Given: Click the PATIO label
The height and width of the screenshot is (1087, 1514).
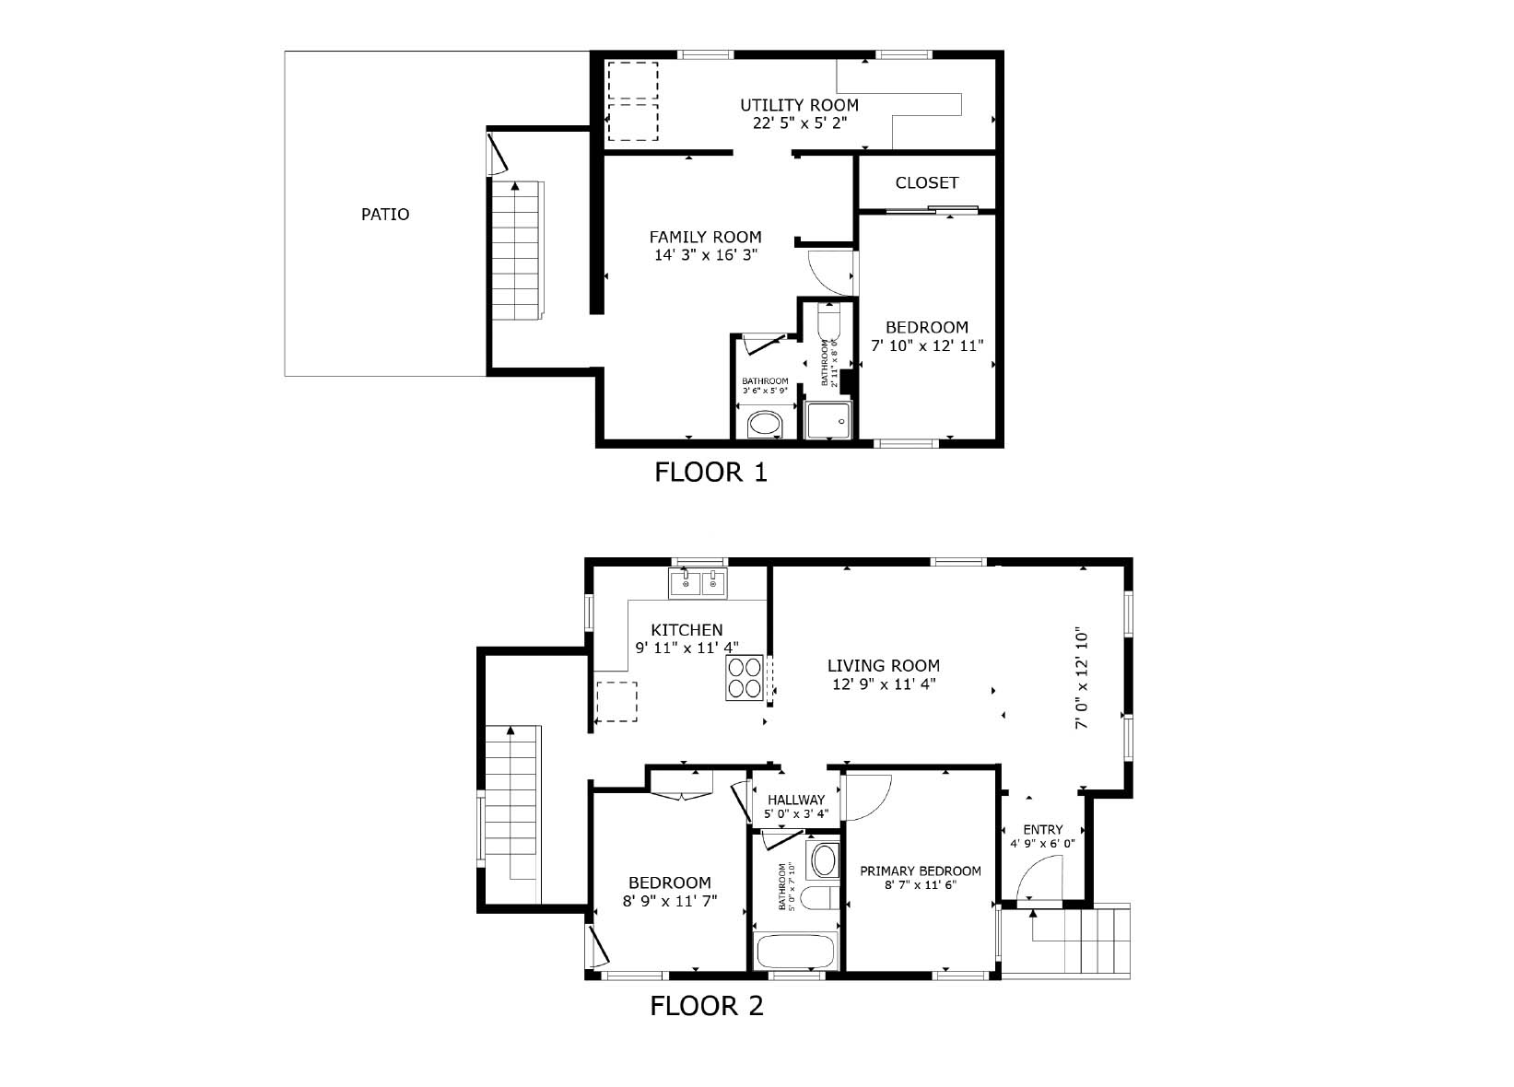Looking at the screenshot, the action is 384,214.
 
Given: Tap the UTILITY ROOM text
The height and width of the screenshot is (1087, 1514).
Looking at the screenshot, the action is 799,105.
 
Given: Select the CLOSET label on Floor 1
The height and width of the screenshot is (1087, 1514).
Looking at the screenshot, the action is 927,182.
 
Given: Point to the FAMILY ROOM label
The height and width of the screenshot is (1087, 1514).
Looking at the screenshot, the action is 705,237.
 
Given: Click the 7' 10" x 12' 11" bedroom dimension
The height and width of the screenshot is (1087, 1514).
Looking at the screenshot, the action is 927,345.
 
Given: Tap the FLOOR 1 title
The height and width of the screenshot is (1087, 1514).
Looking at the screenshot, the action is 710,473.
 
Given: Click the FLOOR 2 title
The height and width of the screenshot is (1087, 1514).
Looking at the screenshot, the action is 706,1006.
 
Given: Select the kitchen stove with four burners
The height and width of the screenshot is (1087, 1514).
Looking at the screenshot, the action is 745,678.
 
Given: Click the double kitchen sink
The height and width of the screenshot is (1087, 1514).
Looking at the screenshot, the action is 698,583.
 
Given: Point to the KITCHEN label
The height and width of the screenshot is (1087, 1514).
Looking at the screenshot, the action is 687,630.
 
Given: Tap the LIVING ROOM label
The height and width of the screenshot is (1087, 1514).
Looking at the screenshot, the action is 884,666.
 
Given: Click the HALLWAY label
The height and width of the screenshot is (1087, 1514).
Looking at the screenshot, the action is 796,800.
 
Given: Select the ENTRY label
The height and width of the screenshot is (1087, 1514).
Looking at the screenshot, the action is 1043,830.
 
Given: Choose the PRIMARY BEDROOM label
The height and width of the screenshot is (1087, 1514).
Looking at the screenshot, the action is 921,871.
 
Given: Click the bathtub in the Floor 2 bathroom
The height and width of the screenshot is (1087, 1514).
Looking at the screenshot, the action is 795,952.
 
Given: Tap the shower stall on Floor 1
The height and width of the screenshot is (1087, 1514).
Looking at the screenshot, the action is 828,419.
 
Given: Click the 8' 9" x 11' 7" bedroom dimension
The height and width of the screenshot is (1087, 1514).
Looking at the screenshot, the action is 669,901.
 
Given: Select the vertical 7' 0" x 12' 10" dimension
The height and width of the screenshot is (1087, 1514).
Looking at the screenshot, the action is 1082,678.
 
